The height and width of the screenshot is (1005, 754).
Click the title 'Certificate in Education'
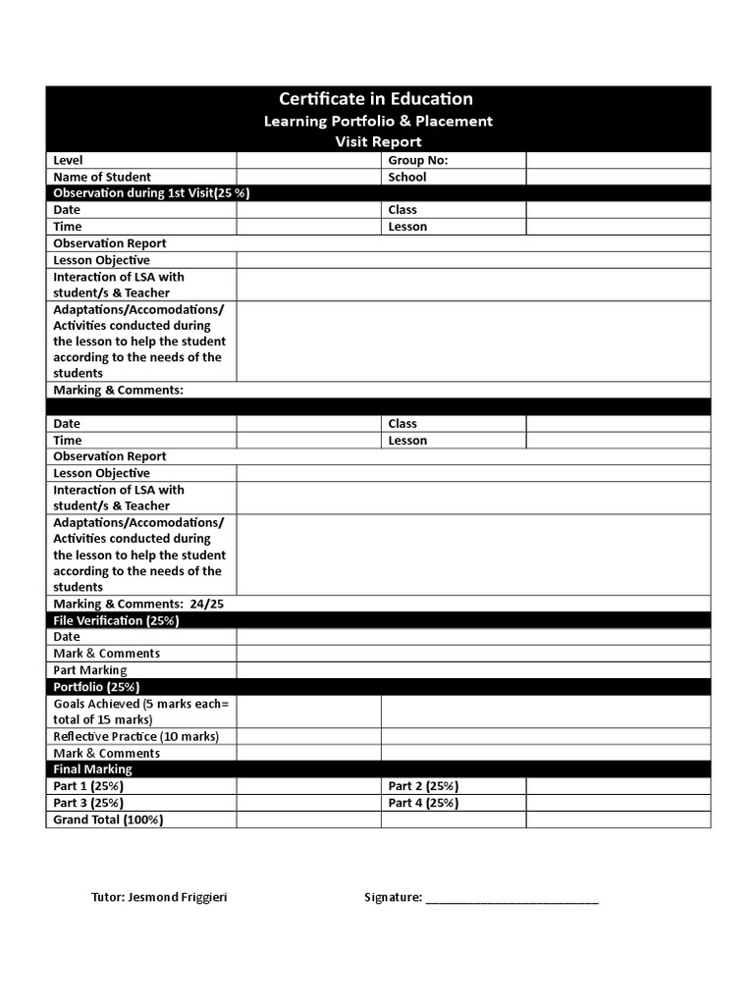(x=376, y=99)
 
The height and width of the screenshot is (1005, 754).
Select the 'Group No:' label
(x=418, y=160)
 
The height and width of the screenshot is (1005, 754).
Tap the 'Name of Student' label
(x=102, y=177)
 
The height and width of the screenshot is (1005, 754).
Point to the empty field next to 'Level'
(x=308, y=160)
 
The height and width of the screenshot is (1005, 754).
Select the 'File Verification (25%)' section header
(x=116, y=620)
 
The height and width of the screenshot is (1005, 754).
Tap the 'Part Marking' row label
(x=90, y=670)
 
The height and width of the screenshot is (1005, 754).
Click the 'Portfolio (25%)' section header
(x=96, y=687)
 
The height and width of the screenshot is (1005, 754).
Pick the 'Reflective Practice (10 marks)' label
(x=135, y=736)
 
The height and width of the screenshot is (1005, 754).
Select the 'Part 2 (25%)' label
(x=423, y=786)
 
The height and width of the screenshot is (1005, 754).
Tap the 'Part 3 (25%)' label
(x=88, y=803)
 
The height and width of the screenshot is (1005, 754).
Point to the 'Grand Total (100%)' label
(x=108, y=820)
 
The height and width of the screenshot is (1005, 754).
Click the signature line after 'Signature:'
(x=512, y=899)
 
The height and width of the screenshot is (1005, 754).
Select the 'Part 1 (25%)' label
(x=88, y=786)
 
